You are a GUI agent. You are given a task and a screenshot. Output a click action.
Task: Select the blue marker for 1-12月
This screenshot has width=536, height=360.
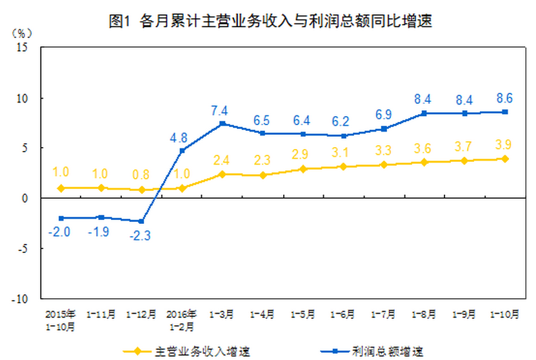click(x=141, y=221)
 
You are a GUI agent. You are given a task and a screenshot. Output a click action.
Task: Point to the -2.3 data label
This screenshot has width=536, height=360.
click(x=141, y=235)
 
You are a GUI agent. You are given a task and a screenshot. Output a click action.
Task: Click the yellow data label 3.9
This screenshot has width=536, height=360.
click(x=504, y=144)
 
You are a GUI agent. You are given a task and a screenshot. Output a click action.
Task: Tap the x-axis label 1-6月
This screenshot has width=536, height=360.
click(x=343, y=315)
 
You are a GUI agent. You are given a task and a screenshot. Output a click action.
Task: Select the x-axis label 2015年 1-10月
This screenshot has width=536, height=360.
click(x=61, y=321)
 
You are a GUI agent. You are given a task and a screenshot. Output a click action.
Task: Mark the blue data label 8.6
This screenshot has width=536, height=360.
click(x=504, y=99)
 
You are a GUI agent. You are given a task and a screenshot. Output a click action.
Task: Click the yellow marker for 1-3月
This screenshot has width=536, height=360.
click(x=222, y=174)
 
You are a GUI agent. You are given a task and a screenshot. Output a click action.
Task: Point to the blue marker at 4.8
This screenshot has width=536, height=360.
click(x=182, y=150)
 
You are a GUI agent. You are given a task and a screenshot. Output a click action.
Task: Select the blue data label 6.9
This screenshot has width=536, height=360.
click(x=384, y=114)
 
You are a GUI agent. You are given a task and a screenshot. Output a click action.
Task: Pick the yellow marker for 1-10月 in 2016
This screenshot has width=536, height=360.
click(x=504, y=159)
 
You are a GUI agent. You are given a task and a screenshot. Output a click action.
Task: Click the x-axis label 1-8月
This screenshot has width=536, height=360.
click(x=424, y=315)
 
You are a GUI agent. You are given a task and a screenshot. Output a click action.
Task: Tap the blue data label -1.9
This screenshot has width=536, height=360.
click(x=101, y=231)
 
